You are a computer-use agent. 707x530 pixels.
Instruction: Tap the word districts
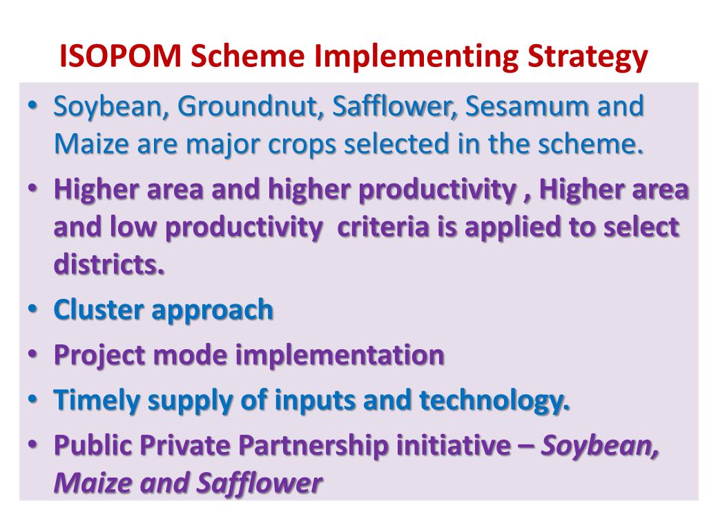point(109,264)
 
